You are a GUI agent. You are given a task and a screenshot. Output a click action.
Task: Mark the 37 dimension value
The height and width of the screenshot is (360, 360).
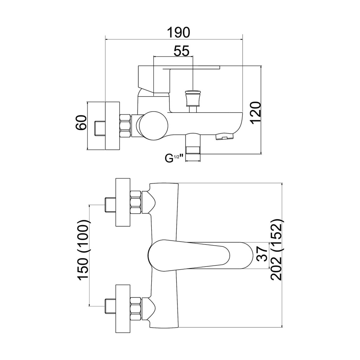tap(263, 254)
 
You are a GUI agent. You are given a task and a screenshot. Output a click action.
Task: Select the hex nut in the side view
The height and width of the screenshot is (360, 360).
tap(125, 125)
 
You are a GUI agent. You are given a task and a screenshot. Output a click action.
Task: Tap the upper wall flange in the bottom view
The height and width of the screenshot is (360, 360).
tap(123, 202)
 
